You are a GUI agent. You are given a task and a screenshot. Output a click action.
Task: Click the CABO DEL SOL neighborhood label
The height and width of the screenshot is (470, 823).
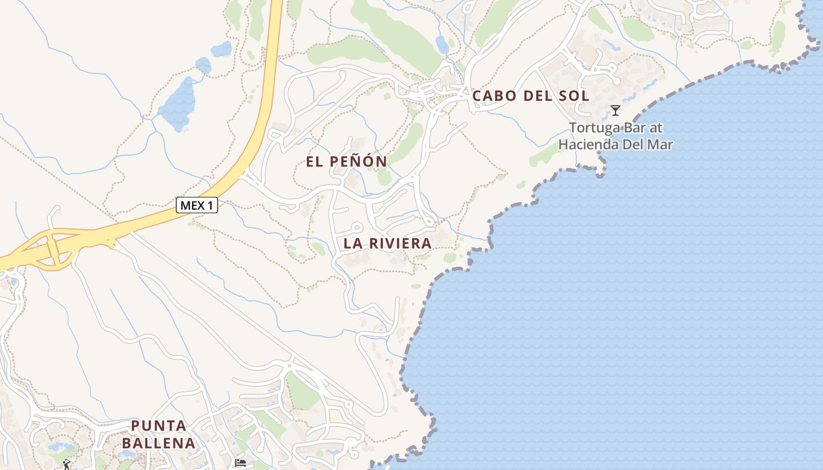531,96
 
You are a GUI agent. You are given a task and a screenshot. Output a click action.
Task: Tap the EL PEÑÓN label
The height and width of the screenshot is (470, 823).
346,162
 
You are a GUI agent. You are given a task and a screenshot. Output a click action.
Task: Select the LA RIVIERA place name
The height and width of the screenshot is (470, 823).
387,243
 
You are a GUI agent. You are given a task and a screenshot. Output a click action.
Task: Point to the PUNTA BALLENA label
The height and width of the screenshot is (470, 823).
159,434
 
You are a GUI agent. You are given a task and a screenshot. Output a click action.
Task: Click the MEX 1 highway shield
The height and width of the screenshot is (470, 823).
197,205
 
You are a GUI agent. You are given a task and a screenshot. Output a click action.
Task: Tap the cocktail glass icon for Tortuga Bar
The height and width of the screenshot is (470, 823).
615,110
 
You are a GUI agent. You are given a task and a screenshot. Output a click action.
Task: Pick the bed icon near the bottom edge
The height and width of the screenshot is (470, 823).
240,463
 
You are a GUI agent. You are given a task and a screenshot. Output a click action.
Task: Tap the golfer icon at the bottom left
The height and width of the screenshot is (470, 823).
66,465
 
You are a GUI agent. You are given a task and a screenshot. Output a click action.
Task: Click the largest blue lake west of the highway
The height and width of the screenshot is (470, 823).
176,105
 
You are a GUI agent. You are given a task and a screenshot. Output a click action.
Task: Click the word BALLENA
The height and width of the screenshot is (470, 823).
159,443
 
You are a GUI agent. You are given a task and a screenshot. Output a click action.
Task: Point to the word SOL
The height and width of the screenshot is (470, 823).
574,96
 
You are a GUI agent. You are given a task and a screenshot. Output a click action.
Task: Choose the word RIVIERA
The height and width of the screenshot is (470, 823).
401,243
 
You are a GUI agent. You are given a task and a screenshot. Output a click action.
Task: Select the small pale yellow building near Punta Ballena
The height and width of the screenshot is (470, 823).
334,416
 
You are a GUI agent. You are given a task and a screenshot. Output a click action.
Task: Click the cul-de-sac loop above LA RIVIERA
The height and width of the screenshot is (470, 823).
356,227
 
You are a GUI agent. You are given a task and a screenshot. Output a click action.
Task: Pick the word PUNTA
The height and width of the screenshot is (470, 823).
159,425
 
